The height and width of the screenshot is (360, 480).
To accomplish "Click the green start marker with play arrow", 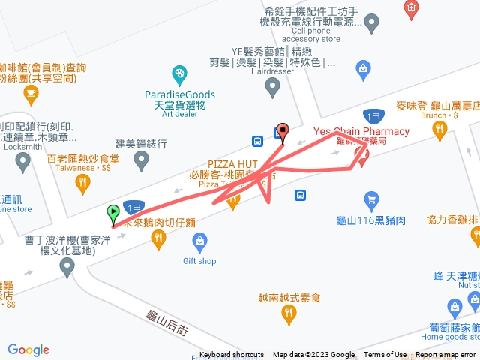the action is point(113,214).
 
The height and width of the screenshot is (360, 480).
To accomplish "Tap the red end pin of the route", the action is point(283,130).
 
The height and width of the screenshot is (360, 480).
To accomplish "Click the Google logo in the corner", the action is point(28,349).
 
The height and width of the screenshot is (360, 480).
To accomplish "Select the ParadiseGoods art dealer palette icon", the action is point(179,74).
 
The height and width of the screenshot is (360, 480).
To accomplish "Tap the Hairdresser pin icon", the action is point(273,88).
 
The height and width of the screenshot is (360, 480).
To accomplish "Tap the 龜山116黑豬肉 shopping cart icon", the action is point(370,199).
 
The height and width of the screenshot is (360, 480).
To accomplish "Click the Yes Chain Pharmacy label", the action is point(361,132).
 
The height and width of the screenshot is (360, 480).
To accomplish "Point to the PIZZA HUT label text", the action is point(233,163).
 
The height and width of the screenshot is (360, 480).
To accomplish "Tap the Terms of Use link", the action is point(385,355).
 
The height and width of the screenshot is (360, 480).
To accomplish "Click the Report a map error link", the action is point(446,355).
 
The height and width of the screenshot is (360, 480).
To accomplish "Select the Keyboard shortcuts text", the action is point(232,355).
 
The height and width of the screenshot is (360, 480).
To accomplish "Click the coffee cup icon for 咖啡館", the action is point(30,93).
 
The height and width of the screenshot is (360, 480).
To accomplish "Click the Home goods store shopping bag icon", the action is point(454,306).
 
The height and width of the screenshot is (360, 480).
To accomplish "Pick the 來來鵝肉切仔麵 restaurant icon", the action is point(158,239).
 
